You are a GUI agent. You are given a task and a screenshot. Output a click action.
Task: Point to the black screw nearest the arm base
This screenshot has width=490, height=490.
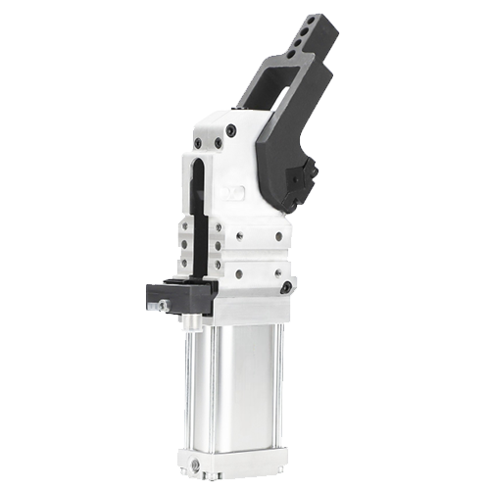(x=230, y=129)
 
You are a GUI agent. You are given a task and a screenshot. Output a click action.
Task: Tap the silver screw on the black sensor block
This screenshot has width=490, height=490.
(x=163, y=305)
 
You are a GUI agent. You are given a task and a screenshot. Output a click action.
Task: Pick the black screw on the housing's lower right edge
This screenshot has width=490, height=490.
(x=285, y=288)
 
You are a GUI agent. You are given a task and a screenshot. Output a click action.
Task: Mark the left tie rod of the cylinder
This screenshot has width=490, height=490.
(x=188, y=392)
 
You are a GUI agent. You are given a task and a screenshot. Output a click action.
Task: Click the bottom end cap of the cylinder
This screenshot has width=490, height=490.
(x=235, y=461)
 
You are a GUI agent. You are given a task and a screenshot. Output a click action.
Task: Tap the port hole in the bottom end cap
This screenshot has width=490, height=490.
(x=196, y=463)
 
